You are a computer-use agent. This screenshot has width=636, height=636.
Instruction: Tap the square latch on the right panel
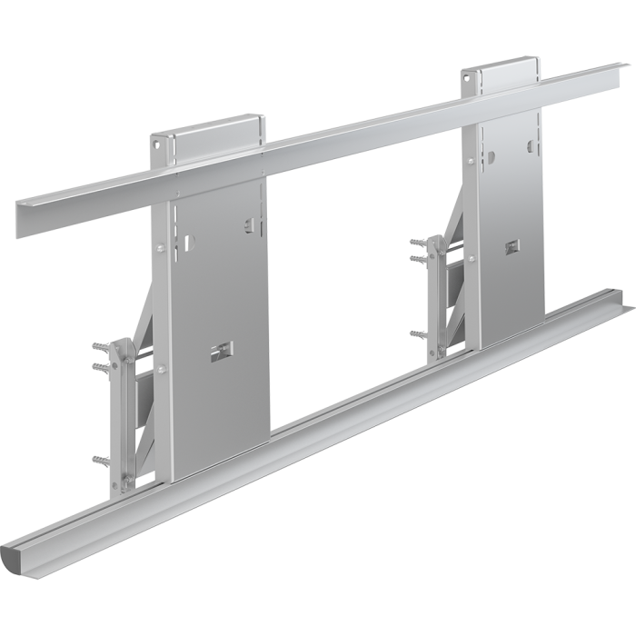point(513,246)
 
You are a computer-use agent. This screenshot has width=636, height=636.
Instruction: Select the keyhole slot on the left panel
point(187,243)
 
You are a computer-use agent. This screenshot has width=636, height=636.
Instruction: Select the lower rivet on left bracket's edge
point(160,368)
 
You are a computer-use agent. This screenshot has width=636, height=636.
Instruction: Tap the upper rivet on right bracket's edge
point(471,162)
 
